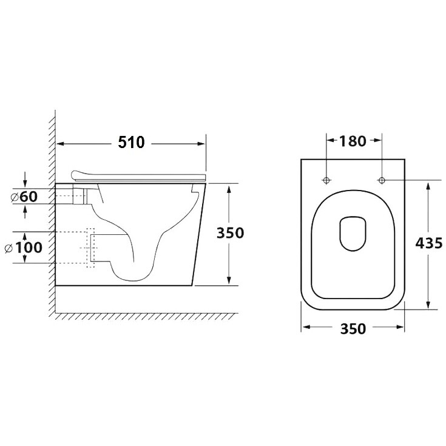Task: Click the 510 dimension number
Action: (x=131, y=142)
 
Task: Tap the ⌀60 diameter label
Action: (x=24, y=197)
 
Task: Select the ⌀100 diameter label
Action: (x=24, y=248)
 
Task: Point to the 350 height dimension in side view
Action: (x=230, y=233)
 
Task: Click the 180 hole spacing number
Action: (x=353, y=141)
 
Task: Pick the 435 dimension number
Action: (x=429, y=243)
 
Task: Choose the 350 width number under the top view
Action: (x=353, y=329)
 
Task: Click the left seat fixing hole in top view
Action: (x=326, y=180)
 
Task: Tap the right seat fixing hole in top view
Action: (x=382, y=180)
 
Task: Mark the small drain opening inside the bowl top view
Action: (x=353, y=234)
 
